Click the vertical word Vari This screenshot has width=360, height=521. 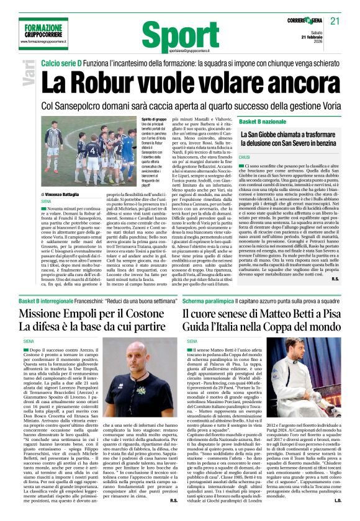(30, 74)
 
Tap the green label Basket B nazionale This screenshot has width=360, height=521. (263, 122)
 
